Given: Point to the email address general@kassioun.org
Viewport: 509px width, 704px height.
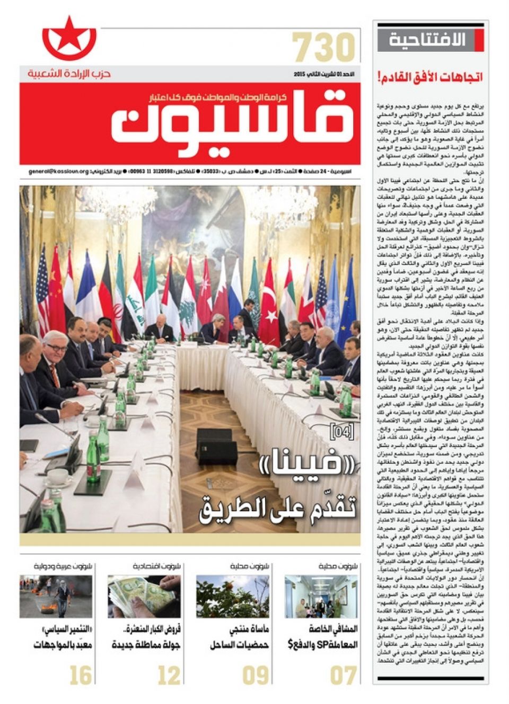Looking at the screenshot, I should [59, 172].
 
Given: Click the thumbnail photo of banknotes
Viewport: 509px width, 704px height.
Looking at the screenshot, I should [144, 596].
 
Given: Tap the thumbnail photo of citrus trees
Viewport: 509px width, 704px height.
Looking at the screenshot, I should [232, 596].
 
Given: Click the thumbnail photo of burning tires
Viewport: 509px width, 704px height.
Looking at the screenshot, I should [56, 596].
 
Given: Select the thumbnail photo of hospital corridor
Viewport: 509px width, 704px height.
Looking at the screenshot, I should [321, 596].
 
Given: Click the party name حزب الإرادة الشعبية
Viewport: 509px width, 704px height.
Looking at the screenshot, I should [69, 74].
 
